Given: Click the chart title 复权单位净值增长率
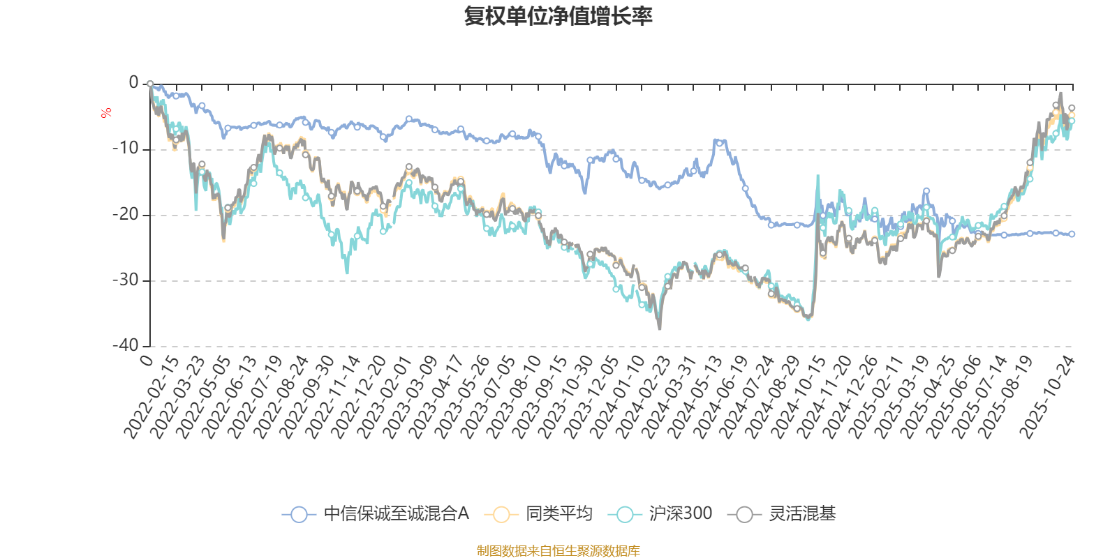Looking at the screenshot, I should pos(558,16).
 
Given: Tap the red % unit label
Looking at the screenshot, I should pos(106,113).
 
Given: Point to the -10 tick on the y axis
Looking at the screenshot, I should pos(125,149).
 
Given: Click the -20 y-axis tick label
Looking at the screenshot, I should pos(125,214).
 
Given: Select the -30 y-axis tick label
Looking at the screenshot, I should pos(125,280).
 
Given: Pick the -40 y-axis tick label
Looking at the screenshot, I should pos(125,345).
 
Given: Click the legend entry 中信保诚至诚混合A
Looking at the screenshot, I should pos(396,514).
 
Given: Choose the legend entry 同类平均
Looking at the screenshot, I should pos(558,514).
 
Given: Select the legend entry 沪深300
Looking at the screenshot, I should pos(680,514).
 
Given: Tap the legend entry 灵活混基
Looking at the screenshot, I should pos(802,514).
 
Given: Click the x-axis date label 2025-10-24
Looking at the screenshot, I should pos(1047,396).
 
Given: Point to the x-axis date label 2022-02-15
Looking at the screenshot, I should pos(151,396).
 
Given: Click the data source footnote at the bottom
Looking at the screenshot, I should pos(558,551).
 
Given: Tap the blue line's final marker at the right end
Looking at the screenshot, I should pos(1072,234).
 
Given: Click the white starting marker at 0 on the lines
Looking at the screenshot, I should pos(150,84).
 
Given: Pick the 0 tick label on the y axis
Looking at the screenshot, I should pos(133,83).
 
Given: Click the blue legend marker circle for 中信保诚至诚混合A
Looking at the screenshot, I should pos(299,515).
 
